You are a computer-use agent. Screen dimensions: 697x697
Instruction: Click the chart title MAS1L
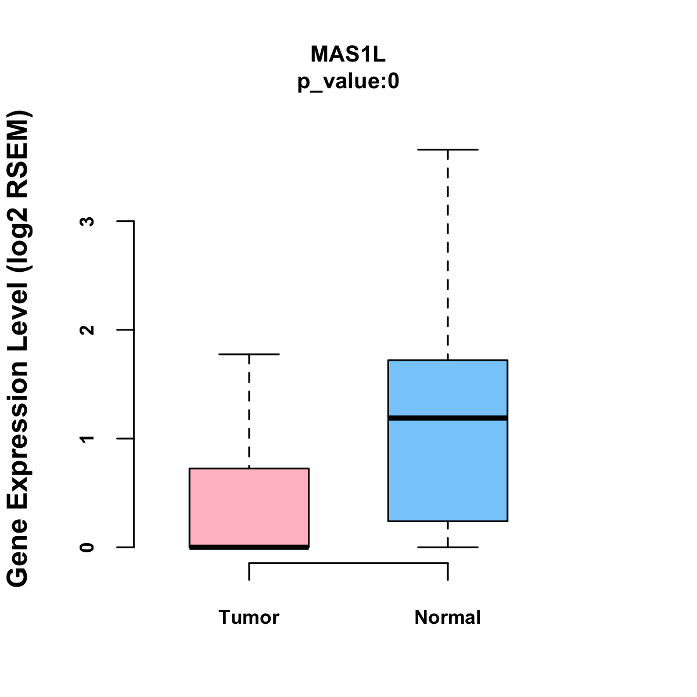click(348, 54)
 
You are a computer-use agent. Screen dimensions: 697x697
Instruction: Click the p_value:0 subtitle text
click(348, 82)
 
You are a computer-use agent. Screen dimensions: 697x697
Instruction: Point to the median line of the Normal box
click(448, 418)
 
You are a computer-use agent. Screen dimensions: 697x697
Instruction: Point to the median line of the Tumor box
click(249, 547)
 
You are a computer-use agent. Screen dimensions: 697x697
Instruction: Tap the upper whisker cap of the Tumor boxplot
click(249, 354)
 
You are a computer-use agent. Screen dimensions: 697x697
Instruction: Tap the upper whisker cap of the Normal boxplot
click(448, 149)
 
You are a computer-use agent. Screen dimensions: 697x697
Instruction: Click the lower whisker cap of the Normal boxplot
click(448, 547)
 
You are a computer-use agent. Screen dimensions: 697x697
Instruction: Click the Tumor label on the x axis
click(249, 617)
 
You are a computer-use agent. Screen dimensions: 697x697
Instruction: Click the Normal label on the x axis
click(448, 617)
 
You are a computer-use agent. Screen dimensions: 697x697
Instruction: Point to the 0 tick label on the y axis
click(88, 547)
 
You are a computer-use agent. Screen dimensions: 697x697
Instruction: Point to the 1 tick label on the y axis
click(88, 438)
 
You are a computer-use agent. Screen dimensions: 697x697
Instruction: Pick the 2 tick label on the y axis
click(88, 329)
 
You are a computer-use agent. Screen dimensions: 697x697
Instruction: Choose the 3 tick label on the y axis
click(88, 221)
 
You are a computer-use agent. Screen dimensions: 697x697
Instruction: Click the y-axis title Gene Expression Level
click(19, 348)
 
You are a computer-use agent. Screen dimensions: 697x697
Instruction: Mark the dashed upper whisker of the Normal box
click(448, 256)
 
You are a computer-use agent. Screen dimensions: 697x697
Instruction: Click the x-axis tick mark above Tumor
click(249, 572)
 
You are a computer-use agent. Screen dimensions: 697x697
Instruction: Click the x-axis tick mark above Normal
click(448, 572)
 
